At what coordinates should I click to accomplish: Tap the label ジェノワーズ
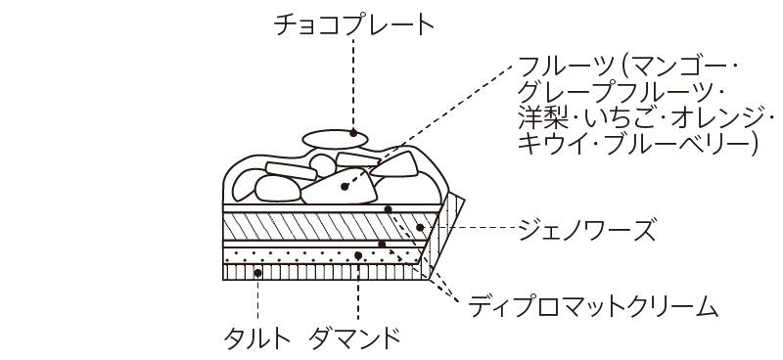click(585, 229)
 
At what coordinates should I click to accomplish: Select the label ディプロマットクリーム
click(593, 305)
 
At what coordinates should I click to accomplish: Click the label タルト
click(257, 339)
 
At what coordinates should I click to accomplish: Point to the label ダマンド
click(354, 339)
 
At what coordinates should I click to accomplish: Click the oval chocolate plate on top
click(335, 139)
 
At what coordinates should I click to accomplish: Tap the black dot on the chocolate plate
click(353, 133)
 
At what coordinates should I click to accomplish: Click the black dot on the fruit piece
click(345, 187)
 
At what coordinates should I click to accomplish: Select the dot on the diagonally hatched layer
click(420, 228)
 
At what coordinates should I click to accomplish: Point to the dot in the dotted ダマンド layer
click(358, 255)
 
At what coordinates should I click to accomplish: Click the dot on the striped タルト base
click(257, 273)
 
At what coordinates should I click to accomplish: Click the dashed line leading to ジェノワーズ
click(469, 228)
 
